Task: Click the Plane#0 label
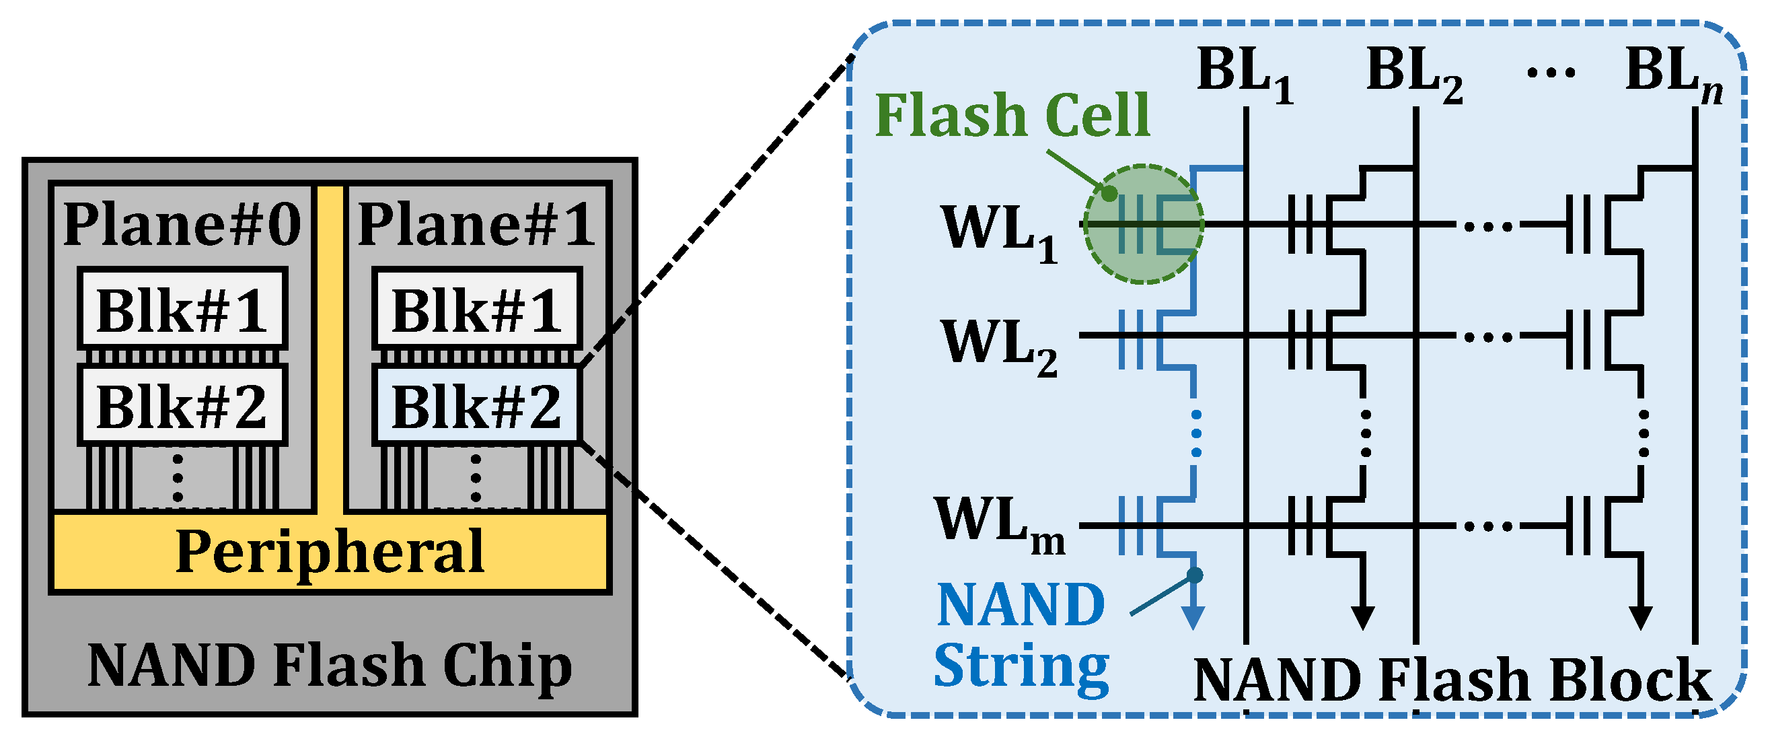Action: click(182, 224)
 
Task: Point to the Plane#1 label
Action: click(477, 224)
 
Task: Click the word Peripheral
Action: click(330, 551)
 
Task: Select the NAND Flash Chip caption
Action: click(330, 666)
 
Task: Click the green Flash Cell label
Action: click(1012, 115)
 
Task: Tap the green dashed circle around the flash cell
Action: click(1144, 224)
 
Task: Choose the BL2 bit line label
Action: click(1414, 73)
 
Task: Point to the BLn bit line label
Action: click(1674, 73)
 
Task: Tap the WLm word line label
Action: click(999, 524)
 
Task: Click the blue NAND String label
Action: click(1021, 634)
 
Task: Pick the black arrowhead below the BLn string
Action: click(1641, 617)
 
